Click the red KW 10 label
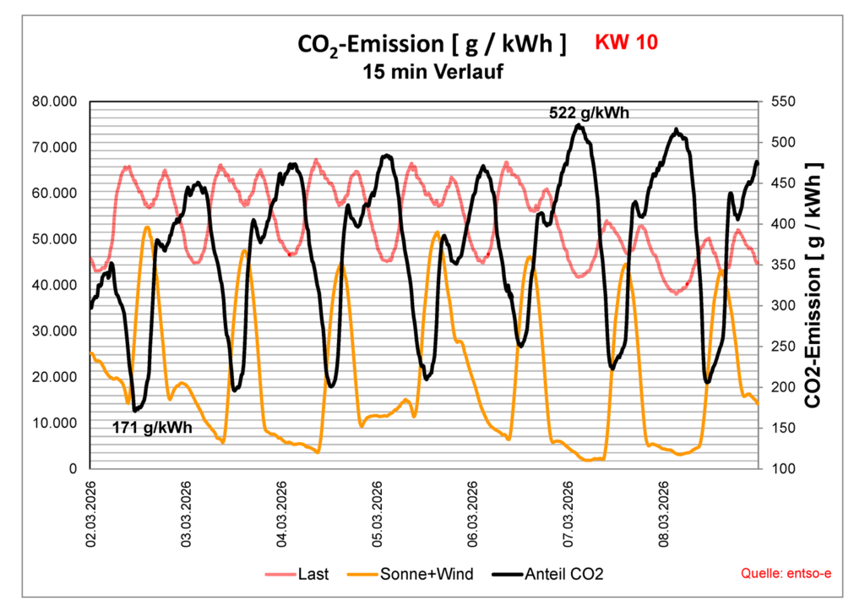tap(626, 41)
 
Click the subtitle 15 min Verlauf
tap(433, 73)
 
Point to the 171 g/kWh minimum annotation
tap(152, 428)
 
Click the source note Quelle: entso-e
tap(786, 575)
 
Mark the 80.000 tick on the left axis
tap(55, 101)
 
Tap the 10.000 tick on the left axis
tap(55, 423)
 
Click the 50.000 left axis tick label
tap(55, 239)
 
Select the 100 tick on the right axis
tap(779, 468)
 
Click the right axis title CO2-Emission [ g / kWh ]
tap(813, 284)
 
